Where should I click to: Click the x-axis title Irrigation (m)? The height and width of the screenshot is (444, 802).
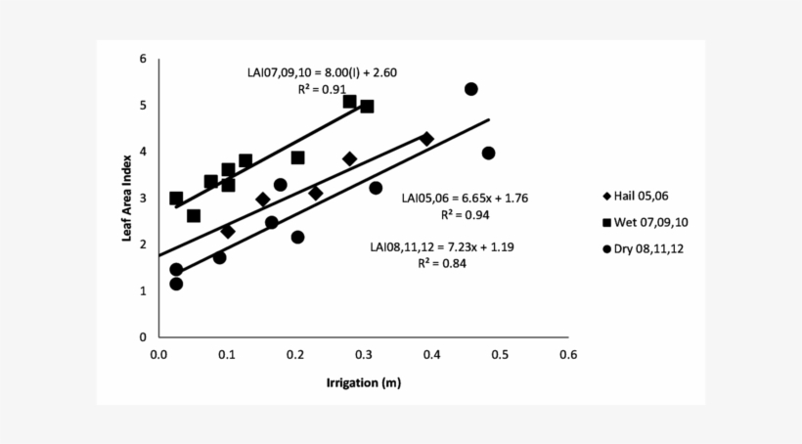(x=363, y=382)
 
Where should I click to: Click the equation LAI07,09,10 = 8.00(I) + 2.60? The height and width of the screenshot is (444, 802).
(x=320, y=72)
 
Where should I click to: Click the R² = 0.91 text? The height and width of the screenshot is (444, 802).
(x=321, y=88)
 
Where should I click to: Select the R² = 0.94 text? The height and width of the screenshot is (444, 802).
(x=465, y=214)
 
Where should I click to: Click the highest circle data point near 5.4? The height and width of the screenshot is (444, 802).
(x=470, y=89)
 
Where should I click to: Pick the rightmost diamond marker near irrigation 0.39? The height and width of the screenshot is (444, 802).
(x=426, y=139)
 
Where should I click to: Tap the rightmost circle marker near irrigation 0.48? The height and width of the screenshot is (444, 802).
(x=488, y=154)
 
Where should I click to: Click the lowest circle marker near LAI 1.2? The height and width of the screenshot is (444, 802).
(x=176, y=284)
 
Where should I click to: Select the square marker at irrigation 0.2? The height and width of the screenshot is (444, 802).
(x=297, y=157)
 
